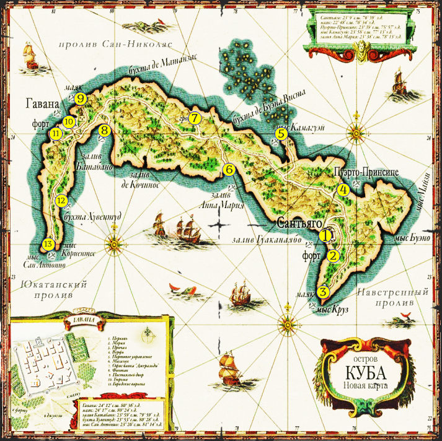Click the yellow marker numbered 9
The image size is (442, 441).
point(80,98)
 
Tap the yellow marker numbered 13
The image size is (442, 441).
point(48,244)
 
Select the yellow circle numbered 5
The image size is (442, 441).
point(281,133)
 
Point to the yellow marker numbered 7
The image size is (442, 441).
point(195,117)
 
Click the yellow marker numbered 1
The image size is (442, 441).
point(325,235)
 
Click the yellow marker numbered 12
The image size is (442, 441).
point(61,200)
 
